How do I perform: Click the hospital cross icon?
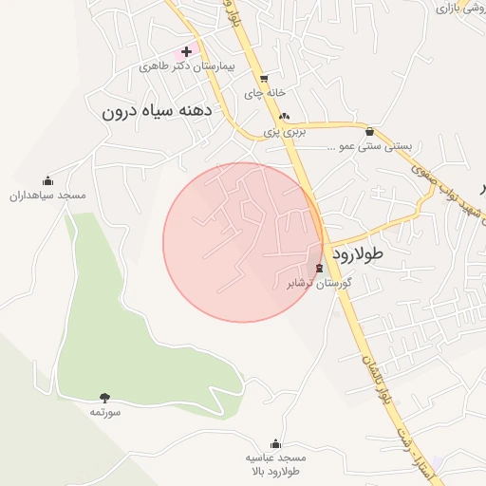tap(186, 51)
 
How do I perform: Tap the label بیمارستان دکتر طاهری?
tap(186, 66)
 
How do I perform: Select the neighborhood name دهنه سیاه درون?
tap(155, 110)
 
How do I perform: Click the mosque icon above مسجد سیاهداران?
tap(48, 180)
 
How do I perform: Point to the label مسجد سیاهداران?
tap(47, 195)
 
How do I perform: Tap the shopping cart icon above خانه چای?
tap(264, 79)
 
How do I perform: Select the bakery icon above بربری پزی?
tap(284, 116)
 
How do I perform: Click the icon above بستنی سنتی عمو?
tap(369, 132)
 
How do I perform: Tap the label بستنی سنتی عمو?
tap(369, 146)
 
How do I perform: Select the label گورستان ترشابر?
tap(319, 283)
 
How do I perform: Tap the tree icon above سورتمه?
tap(104, 398)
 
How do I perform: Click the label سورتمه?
tap(104, 412)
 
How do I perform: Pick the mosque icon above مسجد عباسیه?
tap(275, 442)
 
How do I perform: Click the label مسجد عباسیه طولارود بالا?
tap(275, 463)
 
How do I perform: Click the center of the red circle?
tap(243, 242)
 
